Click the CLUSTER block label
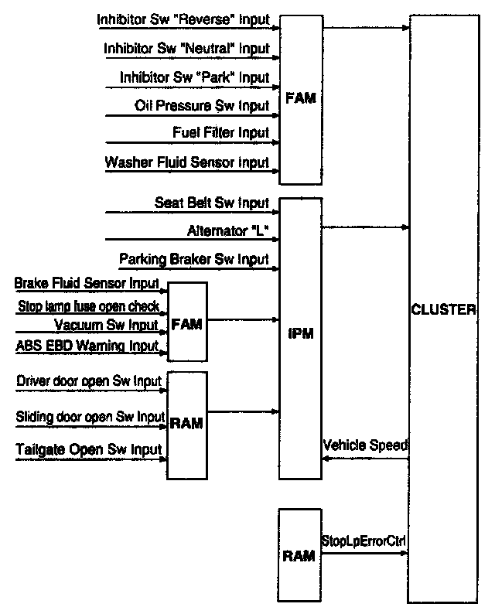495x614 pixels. pyautogui.click(x=443, y=310)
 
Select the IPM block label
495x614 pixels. pyautogui.click(x=301, y=333)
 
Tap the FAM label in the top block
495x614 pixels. pyautogui.click(x=301, y=98)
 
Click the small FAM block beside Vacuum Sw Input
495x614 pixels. pyautogui.click(x=187, y=322)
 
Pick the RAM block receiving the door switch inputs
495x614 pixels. pyautogui.click(x=187, y=425)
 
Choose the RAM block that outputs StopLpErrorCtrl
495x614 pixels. pyautogui.click(x=299, y=555)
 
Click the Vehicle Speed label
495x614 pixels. pyautogui.click(x=365, y=445)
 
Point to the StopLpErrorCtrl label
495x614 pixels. pyautogui.click(x=364, y=541)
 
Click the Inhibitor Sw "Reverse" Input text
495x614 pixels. pyautogui.click(x=183, y=19)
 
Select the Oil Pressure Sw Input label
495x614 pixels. pyautogui.click(x=202, y=105)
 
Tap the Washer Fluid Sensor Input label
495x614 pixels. pyautogui.click(x=187, y=162)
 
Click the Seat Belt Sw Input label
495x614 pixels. pyautogui.click(x=212, y=203)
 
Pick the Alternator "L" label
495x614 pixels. pyautogui.click(x=228, y=230)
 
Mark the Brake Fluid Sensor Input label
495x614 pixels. pyautogui.click(x=87, y=283)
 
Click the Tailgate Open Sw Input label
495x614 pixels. pyautogui.click(x=88, y=449)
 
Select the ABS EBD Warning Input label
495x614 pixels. pyautogui.click(x=87, y=346)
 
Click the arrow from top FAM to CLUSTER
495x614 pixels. pyautogui.click(x=366, y=28)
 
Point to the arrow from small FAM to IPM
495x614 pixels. pyautogui.click(x=243, y=320)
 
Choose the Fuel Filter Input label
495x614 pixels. pyautogui.click(x=221, y=132)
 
